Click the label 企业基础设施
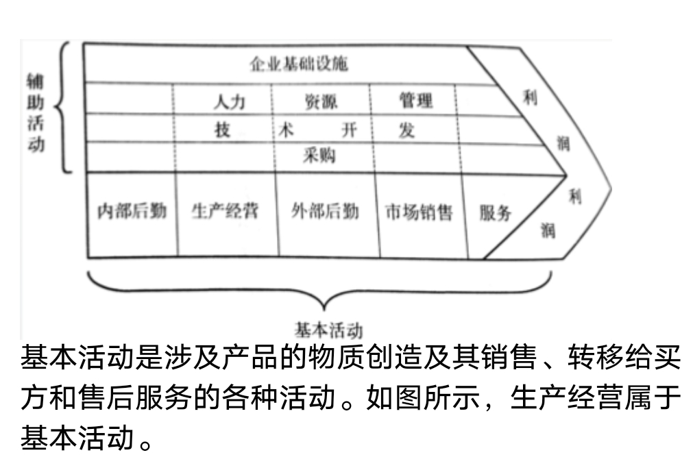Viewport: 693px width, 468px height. coord(298,64)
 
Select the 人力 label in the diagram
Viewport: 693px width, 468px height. coord(229,101)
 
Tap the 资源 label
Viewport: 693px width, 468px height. coord(321,102)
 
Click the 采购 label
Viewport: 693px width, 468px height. coord(319,156)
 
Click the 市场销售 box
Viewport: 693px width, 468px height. coord(419,212)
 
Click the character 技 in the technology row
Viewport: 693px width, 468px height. coord(223,130)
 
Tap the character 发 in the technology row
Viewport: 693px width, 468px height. coord(406,130)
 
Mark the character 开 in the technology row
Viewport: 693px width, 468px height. coord(350,130)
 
